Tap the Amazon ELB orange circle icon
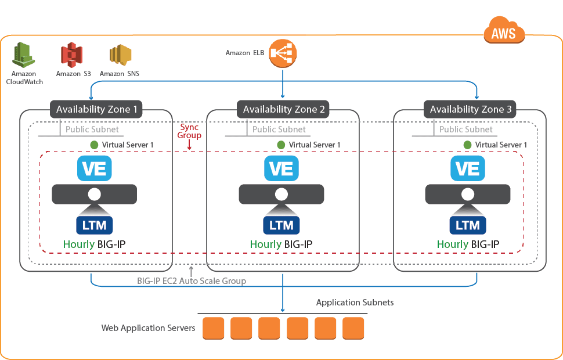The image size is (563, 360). (x=283, y=53)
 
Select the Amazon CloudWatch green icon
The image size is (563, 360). (x=24, y=56)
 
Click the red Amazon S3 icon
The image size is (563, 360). (x=72, y=56)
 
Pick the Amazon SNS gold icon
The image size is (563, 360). (x=120, y=56)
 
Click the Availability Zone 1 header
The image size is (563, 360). (x=96, y=109)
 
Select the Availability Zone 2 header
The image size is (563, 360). (x=283, y=109)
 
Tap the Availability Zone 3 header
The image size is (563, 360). (x=470, y=109)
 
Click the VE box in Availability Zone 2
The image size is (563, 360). (x=281, y=168)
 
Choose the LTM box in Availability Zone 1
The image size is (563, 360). (x=95, y=225)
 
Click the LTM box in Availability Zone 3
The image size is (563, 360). (x=468, y=225)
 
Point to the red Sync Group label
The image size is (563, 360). (x=190, y=131)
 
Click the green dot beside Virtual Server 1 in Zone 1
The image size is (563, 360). (x=95, y=145)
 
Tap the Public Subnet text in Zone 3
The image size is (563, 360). (x=465, y=129)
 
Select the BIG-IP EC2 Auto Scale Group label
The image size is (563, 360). (x=192, y=281)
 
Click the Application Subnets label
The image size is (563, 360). (x=355, y=303)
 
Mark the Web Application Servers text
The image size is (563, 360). (x=148, y=328)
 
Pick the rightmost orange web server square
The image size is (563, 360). (x=353, y=328)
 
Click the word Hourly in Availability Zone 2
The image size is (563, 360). (x=266, y=244)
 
